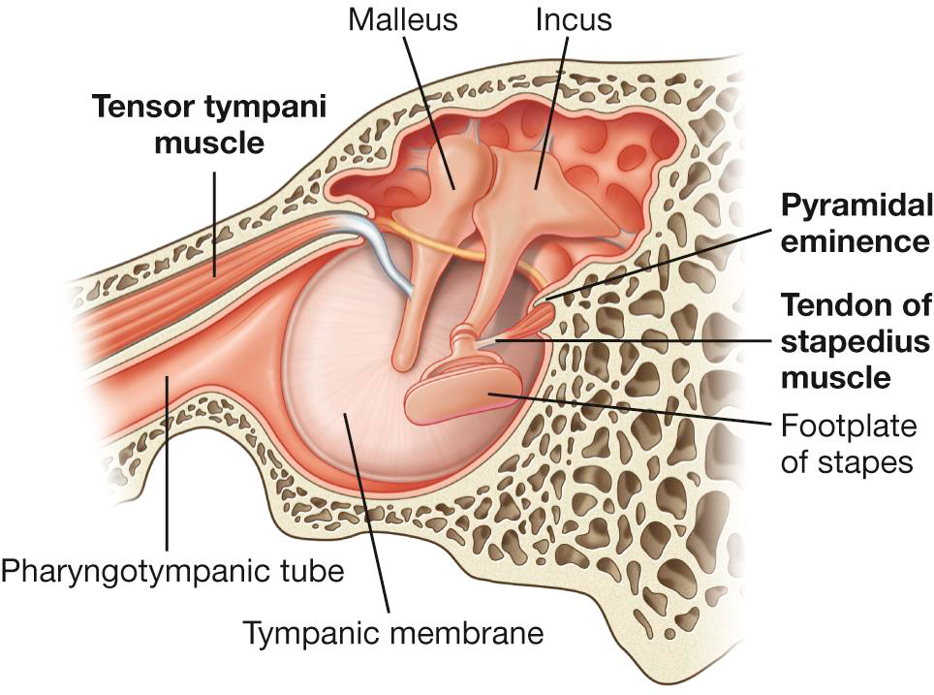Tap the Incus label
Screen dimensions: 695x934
(574, 19)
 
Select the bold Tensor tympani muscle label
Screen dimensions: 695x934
(178, 124)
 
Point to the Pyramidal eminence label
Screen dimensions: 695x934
(856, 222)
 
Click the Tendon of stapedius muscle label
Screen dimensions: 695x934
(856, 340)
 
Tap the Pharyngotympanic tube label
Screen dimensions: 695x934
(172, 571)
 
